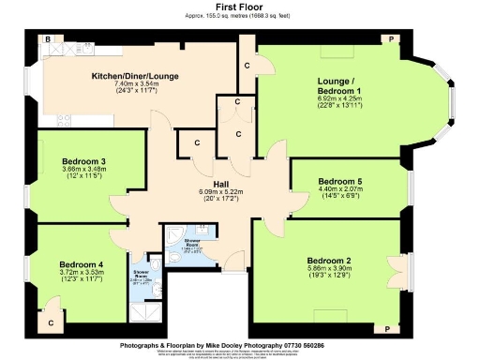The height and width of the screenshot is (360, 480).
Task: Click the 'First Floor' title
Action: coord(240,7)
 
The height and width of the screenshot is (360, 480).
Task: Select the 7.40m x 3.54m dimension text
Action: coord(137,83)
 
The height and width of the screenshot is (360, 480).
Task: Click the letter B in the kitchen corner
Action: coord(47,40)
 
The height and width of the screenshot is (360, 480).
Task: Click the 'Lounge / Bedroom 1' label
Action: coord(345,84)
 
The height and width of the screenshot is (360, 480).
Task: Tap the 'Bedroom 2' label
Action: coord(335,260)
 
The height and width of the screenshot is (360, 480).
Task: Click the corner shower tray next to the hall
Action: coord(173,235)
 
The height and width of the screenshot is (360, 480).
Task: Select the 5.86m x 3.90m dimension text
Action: coord(335,268)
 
